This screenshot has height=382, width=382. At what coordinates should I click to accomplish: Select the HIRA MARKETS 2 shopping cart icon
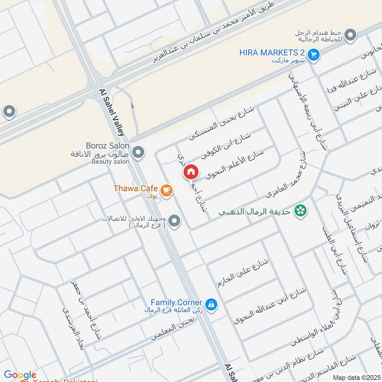point(313,55)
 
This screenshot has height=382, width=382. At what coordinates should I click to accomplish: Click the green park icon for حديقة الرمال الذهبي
point(300,210)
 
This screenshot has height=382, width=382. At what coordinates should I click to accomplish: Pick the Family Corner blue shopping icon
point(211,304)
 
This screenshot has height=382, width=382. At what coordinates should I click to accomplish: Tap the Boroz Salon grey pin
point(138,153)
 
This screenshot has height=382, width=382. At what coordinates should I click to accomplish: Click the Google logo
point(20,375)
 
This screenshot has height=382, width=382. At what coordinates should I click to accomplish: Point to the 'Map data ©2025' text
point(357,378)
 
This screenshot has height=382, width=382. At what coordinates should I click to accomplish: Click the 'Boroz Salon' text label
point(107,145)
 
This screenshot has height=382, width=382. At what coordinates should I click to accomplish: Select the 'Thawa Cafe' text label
point(135,188)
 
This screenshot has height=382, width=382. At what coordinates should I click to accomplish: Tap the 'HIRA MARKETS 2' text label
point(271,53)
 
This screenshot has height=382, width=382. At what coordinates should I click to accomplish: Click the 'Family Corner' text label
point(176,302)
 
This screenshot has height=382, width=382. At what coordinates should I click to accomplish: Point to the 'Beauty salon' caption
point(111,162)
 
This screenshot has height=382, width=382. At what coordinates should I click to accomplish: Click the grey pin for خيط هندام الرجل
point(350,35)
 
